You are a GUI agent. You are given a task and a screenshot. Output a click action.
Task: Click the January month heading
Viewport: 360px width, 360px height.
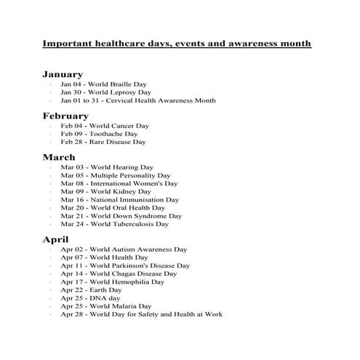[x=63, y=74]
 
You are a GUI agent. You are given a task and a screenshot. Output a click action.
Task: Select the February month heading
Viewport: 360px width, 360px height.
[x=65, y=116]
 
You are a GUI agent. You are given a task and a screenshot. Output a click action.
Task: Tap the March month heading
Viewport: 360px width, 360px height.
[x=59, y=157]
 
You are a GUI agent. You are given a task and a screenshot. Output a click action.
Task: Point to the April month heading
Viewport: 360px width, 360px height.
[x=56, y=239]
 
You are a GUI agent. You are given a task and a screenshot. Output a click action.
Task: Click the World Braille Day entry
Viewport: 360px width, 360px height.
[x=104, y=84]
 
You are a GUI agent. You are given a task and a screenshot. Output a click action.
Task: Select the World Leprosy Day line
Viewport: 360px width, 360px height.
[x=105, y=92]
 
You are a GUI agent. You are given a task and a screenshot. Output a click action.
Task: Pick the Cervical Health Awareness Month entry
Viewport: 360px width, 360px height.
[x=129, y=101]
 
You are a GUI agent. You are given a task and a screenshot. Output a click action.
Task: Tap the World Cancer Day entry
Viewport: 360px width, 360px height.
[x=105, y=126]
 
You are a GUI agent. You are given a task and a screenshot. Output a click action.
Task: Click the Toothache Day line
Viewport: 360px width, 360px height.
[x=99, y=134]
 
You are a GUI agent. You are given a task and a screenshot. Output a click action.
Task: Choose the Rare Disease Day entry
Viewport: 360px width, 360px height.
[x=103, y=142]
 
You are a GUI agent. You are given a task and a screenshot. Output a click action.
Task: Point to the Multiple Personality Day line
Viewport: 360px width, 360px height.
[x=115, y=175]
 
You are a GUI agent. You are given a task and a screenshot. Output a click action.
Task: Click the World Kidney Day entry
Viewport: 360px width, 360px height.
[x=105, y=191]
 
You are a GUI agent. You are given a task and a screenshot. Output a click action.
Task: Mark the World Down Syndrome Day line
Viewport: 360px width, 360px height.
[x=121, y=216]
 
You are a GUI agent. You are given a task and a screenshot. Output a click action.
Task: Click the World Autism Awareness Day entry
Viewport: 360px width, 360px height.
[x=124, y=249]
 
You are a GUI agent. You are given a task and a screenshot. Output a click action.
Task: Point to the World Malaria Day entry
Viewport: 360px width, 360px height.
[x=106, y=306]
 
